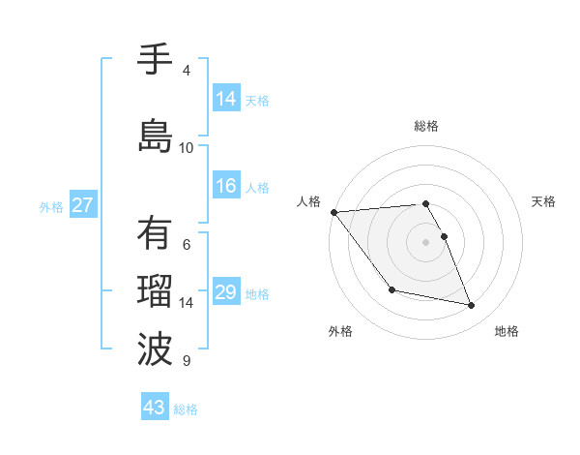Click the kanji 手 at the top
pyautogui.click(x=155, y=60)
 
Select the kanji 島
pyautogui.click(x=155, y=136)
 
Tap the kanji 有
pyautogui.click(x=155, y=234)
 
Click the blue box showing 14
pyautogui.click(x=226, y=99)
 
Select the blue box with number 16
pyautogui.click(x=226, y=187)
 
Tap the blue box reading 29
pyautogui.click(x=226, y=293)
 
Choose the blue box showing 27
pyautogui.click(x=83, y=205)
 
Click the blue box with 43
pyautogui.click(x=155, y=408)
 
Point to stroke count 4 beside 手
pyautogui.click(x=187, y=71)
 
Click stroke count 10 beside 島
pyautogui.click(x=187, y=147)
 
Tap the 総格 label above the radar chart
pyautogui.click(x=426, y=126)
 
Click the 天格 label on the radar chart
pyautogui.click(x=543, y=201)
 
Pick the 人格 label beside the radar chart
pyautogui.click(x=309, y=201)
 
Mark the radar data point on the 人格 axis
pyautogui.click(x=333, y=212)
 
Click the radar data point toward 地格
pyautogui.click(x=472, y=306)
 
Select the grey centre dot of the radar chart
pyautogui.click(x=426, y=242)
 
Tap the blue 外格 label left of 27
pyautogui.click(x=50, y=206)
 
